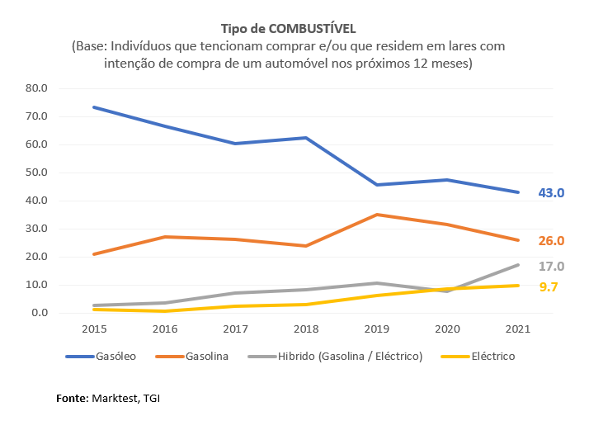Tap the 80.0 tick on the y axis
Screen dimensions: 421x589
[x=38, y=88]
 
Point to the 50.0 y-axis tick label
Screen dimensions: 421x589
[x=38, y=173]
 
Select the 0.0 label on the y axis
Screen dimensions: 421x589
[x=41, y=313]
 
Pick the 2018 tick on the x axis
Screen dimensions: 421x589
[x=307, y=329]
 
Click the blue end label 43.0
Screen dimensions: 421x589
[x=550, y=193]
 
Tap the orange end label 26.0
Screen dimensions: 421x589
[x=550, y=241]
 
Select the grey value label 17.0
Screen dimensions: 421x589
[x=550, y=267]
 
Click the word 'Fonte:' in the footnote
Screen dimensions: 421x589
[x=72, y=399]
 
